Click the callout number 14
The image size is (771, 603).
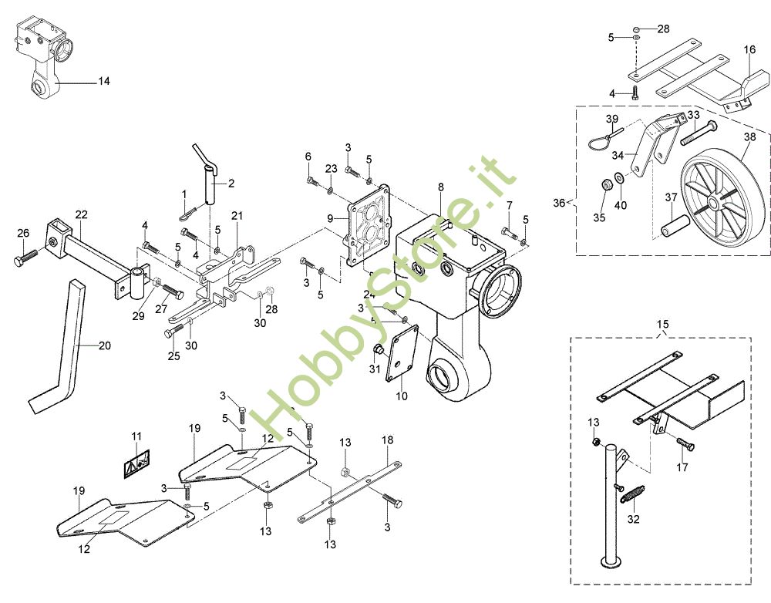(x=104, y=81)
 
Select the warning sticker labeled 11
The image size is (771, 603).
(x=136, y=463)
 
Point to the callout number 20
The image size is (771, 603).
(x=105, y=345)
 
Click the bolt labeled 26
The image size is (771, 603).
(x=23, y=258)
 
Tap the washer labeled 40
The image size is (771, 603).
(x=620, y=177)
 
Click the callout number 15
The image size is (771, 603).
(x=663, y=324)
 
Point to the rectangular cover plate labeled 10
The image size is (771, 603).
(x=401, y=352)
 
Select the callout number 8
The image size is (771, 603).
(x=440, y=187)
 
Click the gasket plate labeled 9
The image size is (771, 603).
(x=369, y=226)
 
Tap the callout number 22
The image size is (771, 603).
(x=81, y=214)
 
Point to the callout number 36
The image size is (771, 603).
(x=559, y=203)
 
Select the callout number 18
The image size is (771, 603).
(x=388, y=440)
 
